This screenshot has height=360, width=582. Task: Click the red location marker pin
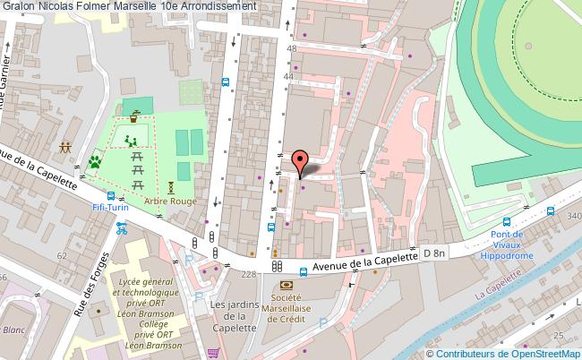pos(301,161)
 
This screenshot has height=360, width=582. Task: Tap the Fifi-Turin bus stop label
pos(110,207)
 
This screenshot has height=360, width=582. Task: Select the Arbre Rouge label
pos(170,201)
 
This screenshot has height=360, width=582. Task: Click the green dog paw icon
pos(94,162)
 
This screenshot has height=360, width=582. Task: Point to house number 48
pos(291,48)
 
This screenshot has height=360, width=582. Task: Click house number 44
pos(289,78)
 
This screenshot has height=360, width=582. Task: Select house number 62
pos(63,255)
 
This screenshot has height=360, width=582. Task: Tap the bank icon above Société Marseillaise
pos(287,284)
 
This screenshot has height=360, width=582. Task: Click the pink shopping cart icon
pos(213,352)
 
